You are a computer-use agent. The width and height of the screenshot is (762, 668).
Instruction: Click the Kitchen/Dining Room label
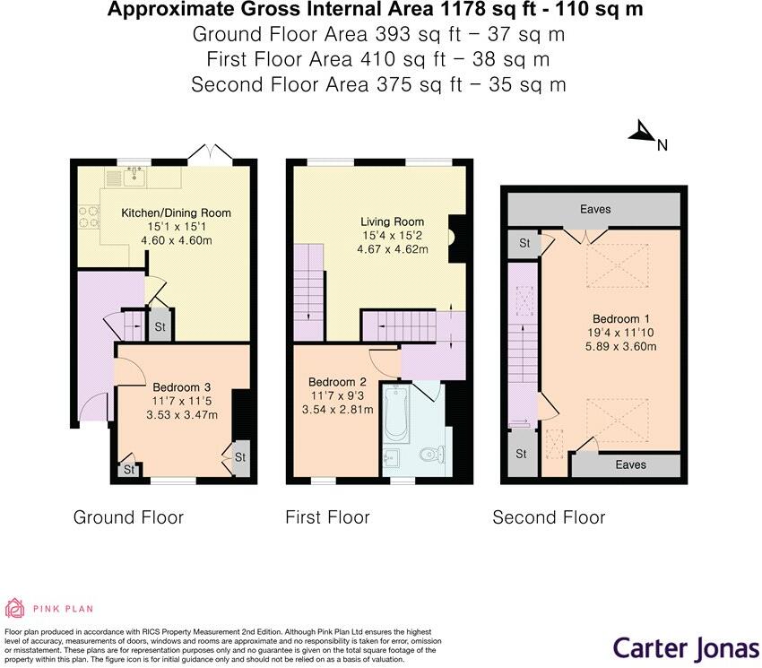pos(177,213)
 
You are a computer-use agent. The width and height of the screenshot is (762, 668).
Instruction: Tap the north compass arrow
pos(644,134)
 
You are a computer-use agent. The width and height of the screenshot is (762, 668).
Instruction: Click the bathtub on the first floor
pos(395,415)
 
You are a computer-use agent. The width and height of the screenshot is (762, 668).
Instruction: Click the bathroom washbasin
pos(391,460)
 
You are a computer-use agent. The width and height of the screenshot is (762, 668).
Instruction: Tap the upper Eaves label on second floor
pos(595,209)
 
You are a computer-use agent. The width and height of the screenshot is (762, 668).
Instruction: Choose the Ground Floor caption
pos(128,517)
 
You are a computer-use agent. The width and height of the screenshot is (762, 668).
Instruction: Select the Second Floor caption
pos(549,517)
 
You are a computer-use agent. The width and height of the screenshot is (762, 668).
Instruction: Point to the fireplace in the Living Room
pos(456,238)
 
